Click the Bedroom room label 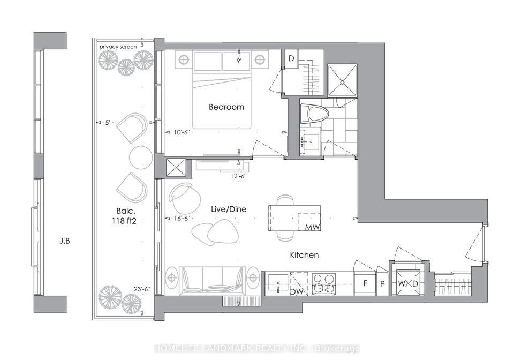click(226, 107)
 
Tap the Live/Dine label click(229, 209)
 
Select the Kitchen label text click(304, 255)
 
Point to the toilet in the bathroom click(314, 114)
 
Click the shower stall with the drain click(342, 81)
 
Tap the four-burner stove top click(323, 283)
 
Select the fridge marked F click(365, 283)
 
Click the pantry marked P click(382, 283)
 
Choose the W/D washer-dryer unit click(408, 283)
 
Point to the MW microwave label click(312, 227)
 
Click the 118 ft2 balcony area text click(124, 221)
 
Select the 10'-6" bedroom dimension click(182, 132)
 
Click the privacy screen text click(118, 47)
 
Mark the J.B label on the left click(65, 241)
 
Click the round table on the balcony click(141, 157)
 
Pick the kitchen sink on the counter click(278, 283)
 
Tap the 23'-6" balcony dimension click(141, 289)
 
